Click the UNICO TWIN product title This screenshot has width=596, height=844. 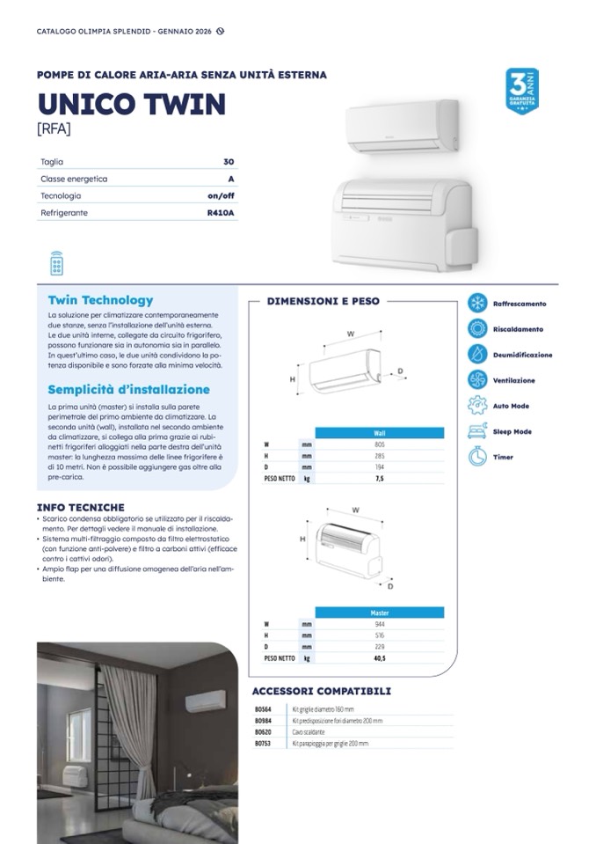(x=131, y=104)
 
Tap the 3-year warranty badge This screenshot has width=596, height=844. (x=521, y=91)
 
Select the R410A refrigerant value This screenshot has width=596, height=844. (x=221, y=213)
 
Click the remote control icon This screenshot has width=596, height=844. (x=57, y=263)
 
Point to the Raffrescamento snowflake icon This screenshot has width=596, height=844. (x=477, y=304)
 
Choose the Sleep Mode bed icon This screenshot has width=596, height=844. (x=477, y=431)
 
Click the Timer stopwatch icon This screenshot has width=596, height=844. (x=477, y=457)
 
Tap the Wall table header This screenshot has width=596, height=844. (x=380, y=433)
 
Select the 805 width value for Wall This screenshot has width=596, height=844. (x=380, y=444)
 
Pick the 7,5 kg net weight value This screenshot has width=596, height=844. (x=380, y=478)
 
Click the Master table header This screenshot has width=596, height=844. (x=380, y=613)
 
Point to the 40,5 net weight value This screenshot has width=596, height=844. (x=380, y=657)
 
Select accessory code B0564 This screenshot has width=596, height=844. (x=262, y=708)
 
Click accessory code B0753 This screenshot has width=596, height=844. (x=262, y=743)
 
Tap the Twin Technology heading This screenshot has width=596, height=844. (x=100, y=300)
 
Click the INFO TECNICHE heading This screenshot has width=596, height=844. (x=80, y=507)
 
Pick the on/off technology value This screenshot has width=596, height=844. (x=221, y=195)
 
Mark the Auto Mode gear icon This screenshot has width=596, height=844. (x=477, y=406)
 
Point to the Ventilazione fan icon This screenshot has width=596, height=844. (x=477, y=380)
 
